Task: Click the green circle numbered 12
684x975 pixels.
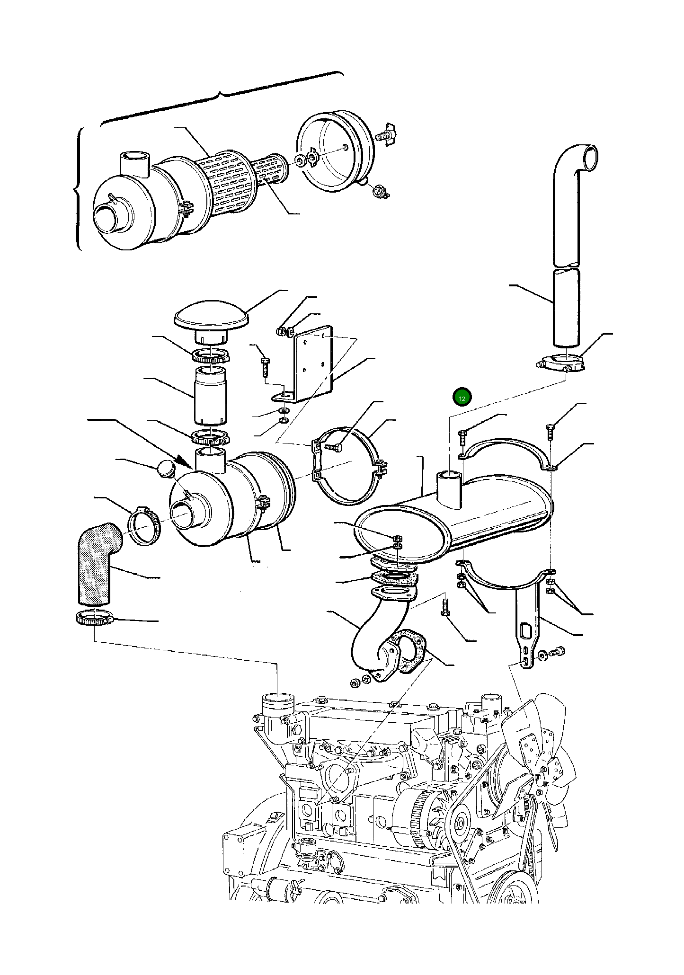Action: pos(462,398)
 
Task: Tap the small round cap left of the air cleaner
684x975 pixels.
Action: pos(165,469)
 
